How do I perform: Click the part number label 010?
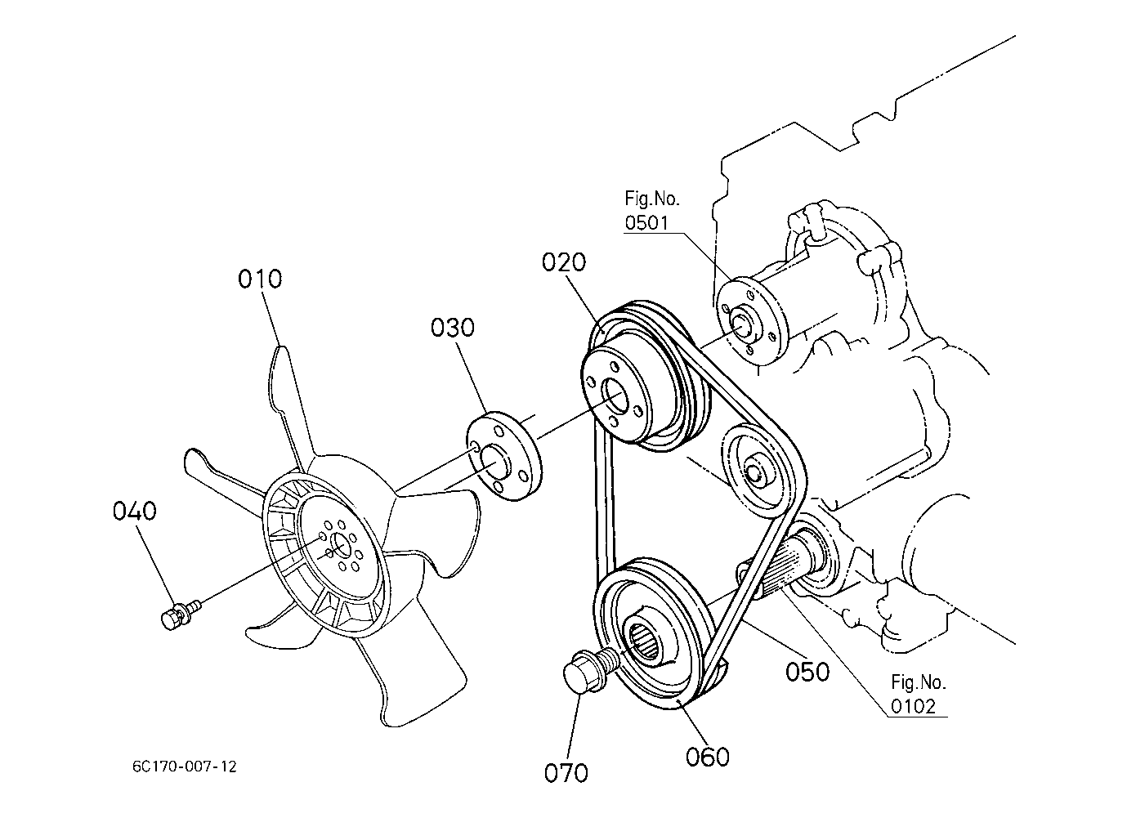coord(260,279)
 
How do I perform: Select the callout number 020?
coord(564,262)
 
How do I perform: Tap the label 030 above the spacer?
coord(453,328)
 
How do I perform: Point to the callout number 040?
coord(134,512)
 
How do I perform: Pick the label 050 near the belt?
coord(807,671)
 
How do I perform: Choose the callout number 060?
coord(708,758)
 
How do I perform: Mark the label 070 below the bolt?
coord(566,772)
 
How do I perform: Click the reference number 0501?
coord(646,222)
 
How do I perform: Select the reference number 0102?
coord(913,707)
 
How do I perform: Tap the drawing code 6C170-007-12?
coord(185,767)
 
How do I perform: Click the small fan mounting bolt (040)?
coord(180,614)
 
